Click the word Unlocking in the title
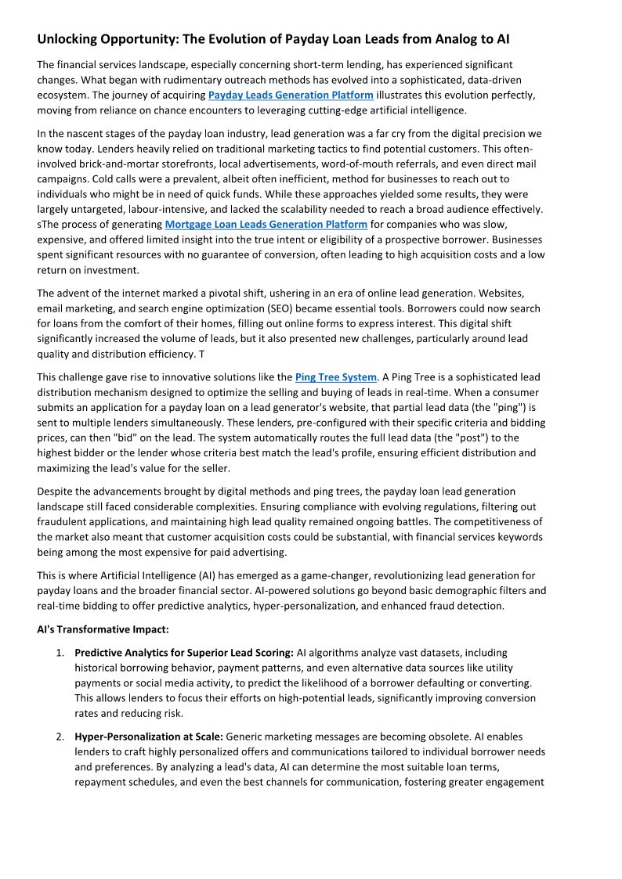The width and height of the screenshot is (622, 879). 70,39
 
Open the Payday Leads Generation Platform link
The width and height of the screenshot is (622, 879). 291,95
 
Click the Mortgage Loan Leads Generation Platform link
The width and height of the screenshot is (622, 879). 266,225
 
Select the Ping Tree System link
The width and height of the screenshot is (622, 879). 335,377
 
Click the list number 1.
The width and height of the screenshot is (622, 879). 60,653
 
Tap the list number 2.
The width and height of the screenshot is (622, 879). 60,737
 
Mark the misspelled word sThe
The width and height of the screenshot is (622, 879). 48,225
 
